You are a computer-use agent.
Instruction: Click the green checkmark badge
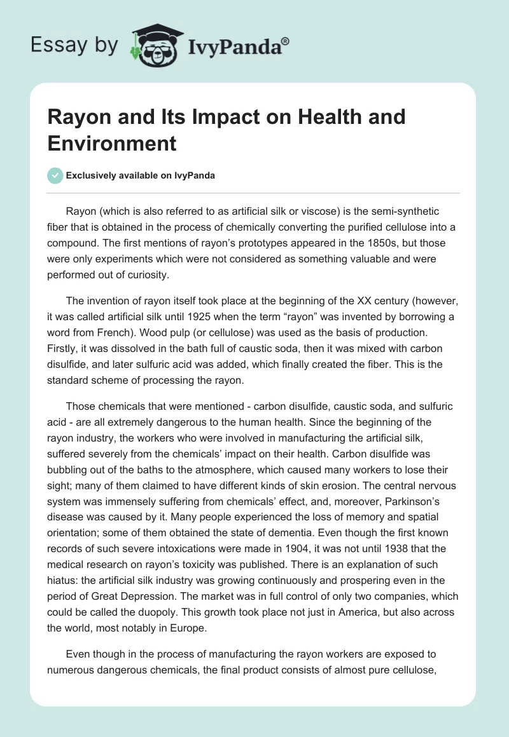point(55,175)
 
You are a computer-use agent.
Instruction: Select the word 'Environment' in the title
point(112,143)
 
